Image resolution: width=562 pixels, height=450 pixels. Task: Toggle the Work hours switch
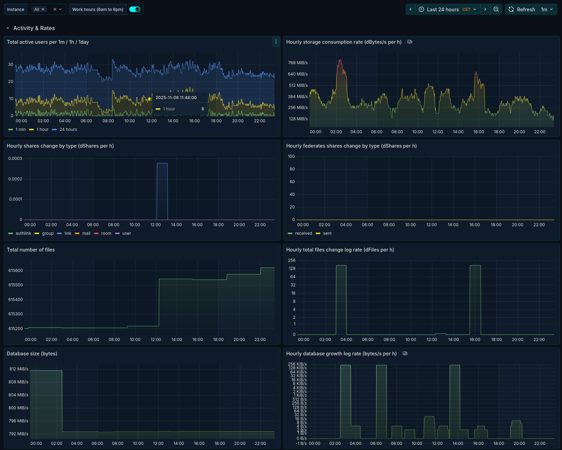pos(135,9)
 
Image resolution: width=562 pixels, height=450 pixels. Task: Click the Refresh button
pos(522,9)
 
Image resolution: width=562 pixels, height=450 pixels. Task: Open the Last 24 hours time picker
pos(448,9)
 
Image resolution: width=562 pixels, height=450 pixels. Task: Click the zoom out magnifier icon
pos(496,9)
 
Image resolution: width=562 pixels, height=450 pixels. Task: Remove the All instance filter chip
pos(43,9)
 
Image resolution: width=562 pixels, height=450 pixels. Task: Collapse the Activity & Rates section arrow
pos(8,28)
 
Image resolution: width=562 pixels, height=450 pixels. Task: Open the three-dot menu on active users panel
pos(276,42)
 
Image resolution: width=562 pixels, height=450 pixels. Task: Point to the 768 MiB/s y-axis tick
pos(298,63)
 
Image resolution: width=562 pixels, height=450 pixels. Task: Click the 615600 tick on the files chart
pos(16,271)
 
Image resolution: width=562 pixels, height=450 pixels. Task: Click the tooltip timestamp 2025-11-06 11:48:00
pos(176,98)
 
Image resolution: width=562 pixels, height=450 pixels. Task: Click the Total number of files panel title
pos(31,250)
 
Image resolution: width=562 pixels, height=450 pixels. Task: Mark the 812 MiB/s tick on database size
pos(19,369)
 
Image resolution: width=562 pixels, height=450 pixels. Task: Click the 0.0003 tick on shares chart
pos(15,159)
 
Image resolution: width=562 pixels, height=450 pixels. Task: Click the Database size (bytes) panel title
pos(32,354)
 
